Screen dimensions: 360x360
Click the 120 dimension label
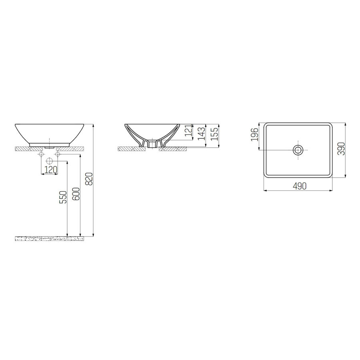(x=50, y=170)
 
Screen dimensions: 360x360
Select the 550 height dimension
(x=63, y=198)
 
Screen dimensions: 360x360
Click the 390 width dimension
(x=341, y=148)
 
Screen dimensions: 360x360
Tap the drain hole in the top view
(x=298, y=150)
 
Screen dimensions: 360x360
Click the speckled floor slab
(x=50, y=238)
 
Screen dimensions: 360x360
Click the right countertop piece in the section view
(x=172, y=149)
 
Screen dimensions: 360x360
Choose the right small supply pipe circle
(x=58, y=154)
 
